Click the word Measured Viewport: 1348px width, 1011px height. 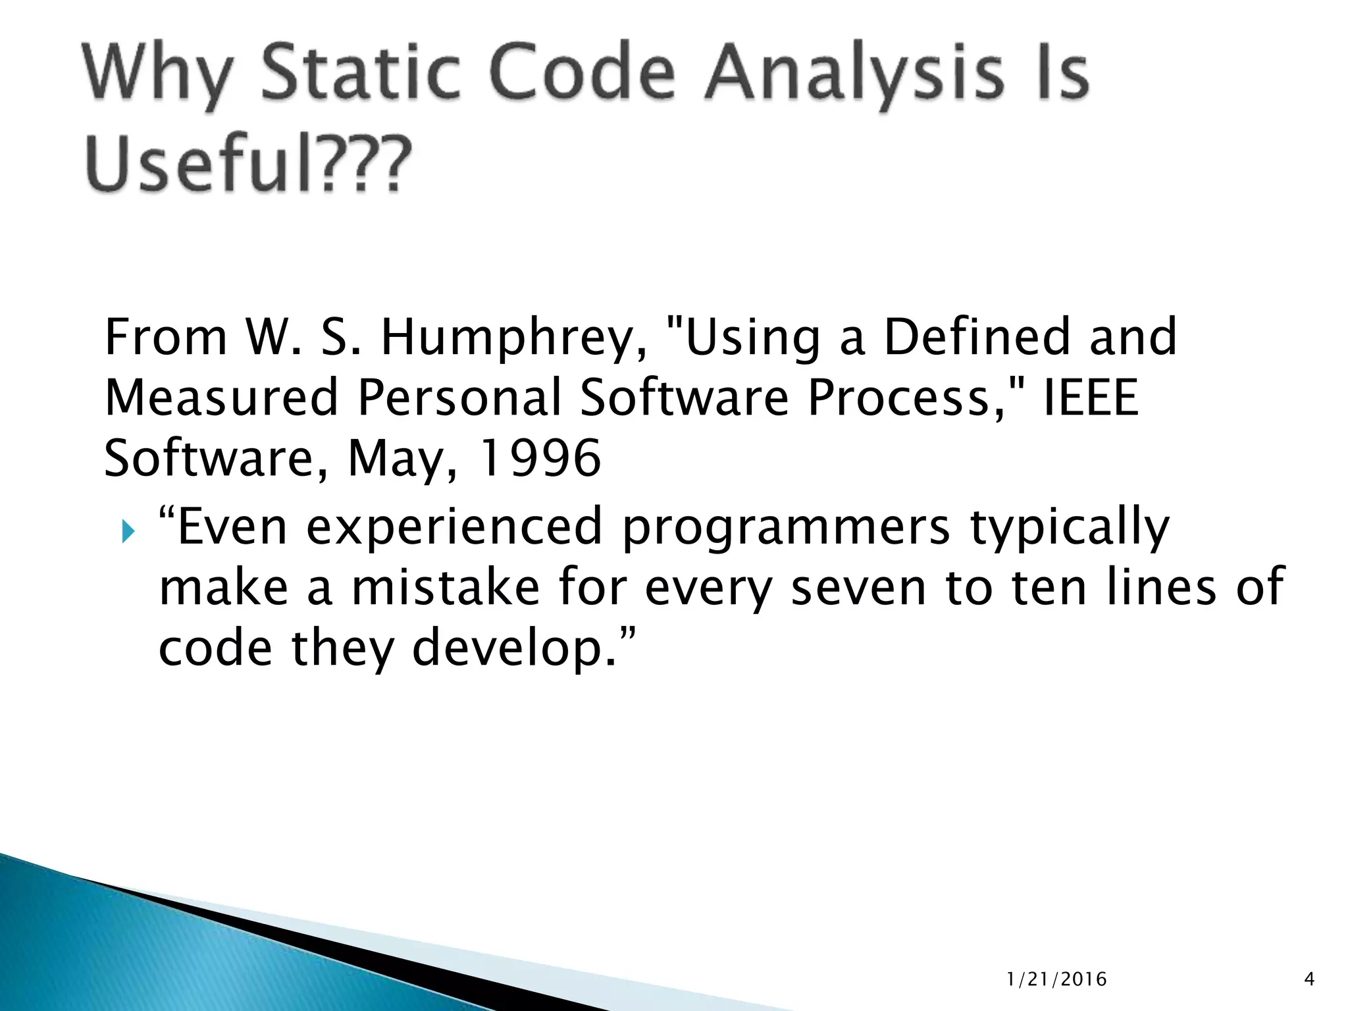point(221,398)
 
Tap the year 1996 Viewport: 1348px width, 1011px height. point(540,458)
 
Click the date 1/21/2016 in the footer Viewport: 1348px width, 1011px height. point(1056,980)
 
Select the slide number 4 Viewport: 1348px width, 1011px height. point(1309,980)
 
